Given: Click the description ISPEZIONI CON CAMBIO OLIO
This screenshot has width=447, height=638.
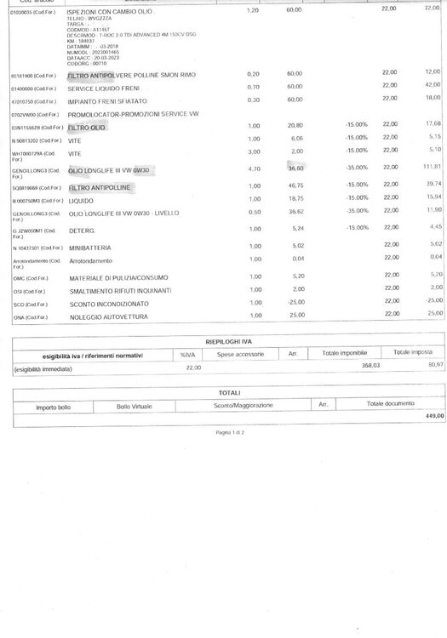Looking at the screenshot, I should pos(111,9).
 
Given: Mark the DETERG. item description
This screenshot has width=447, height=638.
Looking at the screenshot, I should pos(83,231).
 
